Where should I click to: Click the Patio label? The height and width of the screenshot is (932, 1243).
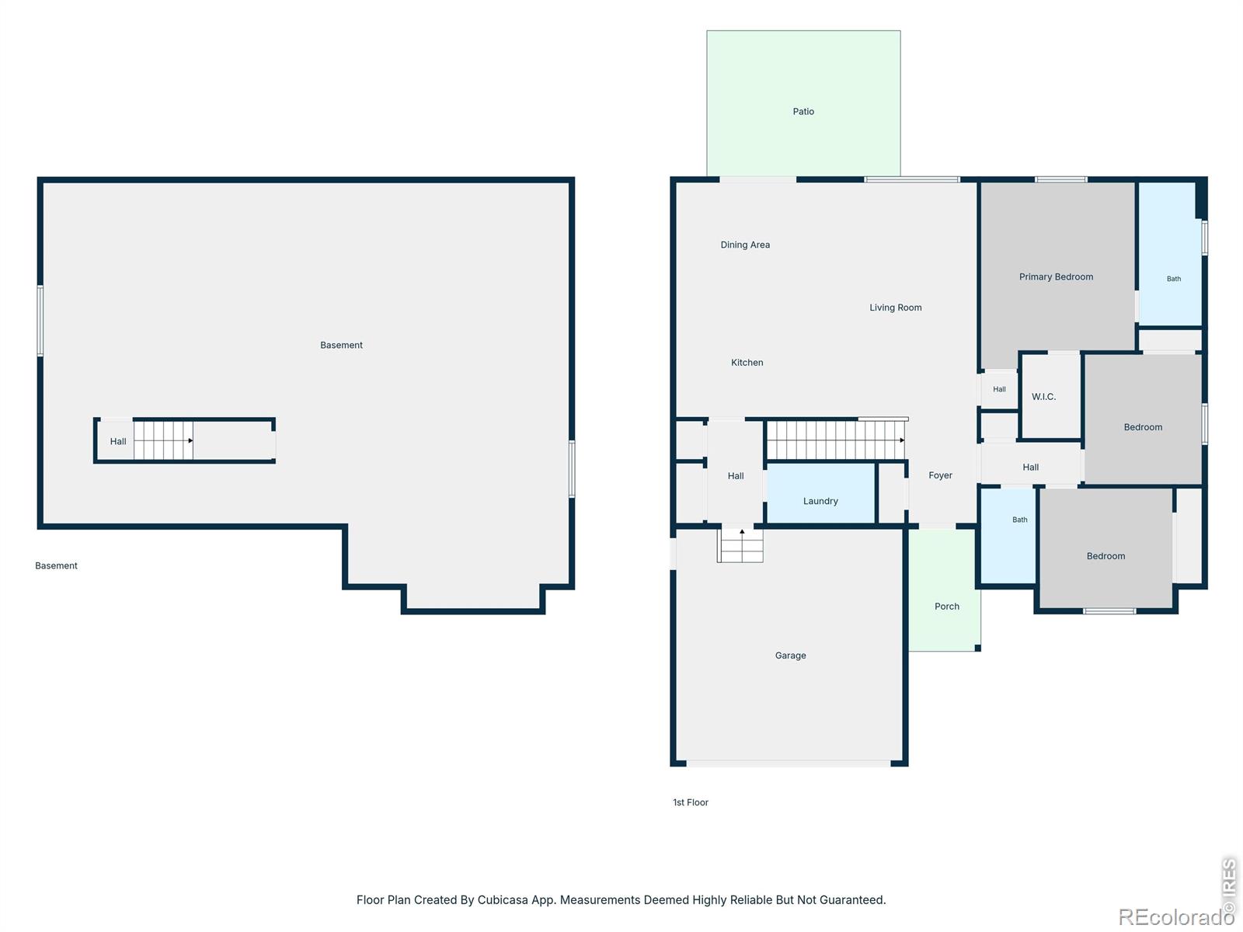pyautogui.click(x=803, y=112)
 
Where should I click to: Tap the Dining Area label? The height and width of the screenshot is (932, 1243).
pyautogui.click(x=745, y=245)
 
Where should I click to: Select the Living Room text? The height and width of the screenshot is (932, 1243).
pyautogui.click(x=895, y=308)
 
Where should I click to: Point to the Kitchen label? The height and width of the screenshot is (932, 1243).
pyautogui.click(x=747, y=362)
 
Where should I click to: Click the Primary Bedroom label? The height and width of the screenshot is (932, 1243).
pyautogui.click(x=1056, y=276)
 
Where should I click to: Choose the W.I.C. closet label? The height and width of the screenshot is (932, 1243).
pyautogui.click(x=1043, y=397)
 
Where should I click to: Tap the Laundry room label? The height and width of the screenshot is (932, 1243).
pyautogui.click(x=820, y=501)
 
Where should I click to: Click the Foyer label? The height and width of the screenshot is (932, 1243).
pyautogui.click(x=940, y=475)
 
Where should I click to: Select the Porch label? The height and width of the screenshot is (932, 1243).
pyautogui.click(x=946, y=606)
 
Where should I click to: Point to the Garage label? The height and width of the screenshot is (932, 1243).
pyautogui.click(x=790, y=656)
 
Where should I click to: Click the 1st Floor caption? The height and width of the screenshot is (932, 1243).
pyautogui.click(x=691, y=802)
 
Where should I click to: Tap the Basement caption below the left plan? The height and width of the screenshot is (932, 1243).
pyautogui.click(x=56, y=565)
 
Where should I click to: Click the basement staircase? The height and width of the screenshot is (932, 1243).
pyautogui.click(x=163, y=440)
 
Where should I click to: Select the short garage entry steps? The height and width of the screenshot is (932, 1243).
pyautogui.click(x=740, y=545)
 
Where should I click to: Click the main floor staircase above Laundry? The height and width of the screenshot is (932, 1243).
pyautogui.click(x=835, y=440)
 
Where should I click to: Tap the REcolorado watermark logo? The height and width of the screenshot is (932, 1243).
pyautogui.click(x=1170, y=916)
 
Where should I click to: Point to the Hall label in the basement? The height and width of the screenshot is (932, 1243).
pyautogui.click(x=118, y=441)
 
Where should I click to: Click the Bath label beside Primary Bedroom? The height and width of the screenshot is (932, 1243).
pyautogui.click(x=1173, y=278)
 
